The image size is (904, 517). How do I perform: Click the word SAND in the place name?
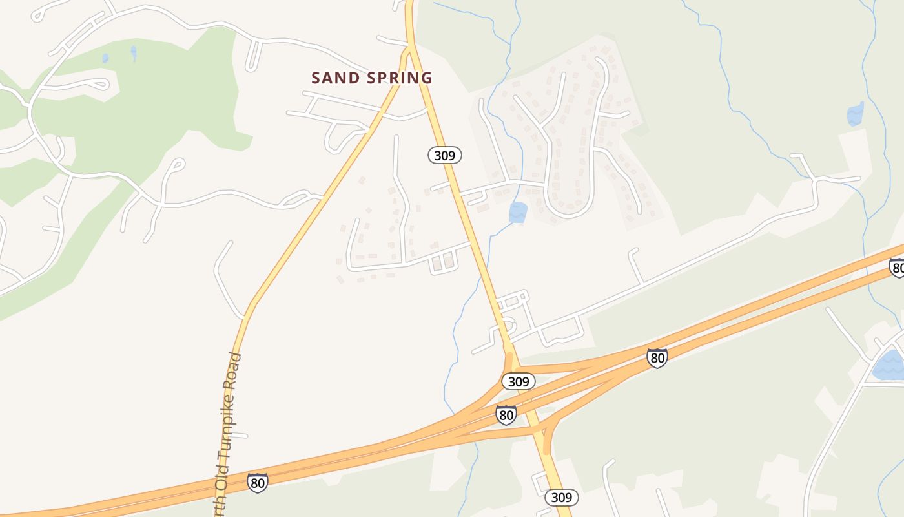(335, 78)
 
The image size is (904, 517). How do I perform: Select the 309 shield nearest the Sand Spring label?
(445, 155)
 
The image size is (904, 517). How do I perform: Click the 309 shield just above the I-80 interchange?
(519, 381)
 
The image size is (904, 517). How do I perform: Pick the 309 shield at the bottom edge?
(562, 497)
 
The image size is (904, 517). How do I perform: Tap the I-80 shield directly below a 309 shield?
(506, 414)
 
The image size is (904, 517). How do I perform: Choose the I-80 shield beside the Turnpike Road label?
(257, 482)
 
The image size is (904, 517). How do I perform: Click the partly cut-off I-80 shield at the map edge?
(897, 267)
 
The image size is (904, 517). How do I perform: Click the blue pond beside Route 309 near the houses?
(518, 212)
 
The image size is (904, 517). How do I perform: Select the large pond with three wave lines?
(890, 365)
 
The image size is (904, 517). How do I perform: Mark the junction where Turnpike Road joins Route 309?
(409, 48)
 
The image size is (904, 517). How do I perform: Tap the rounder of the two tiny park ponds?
(105, 58)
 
